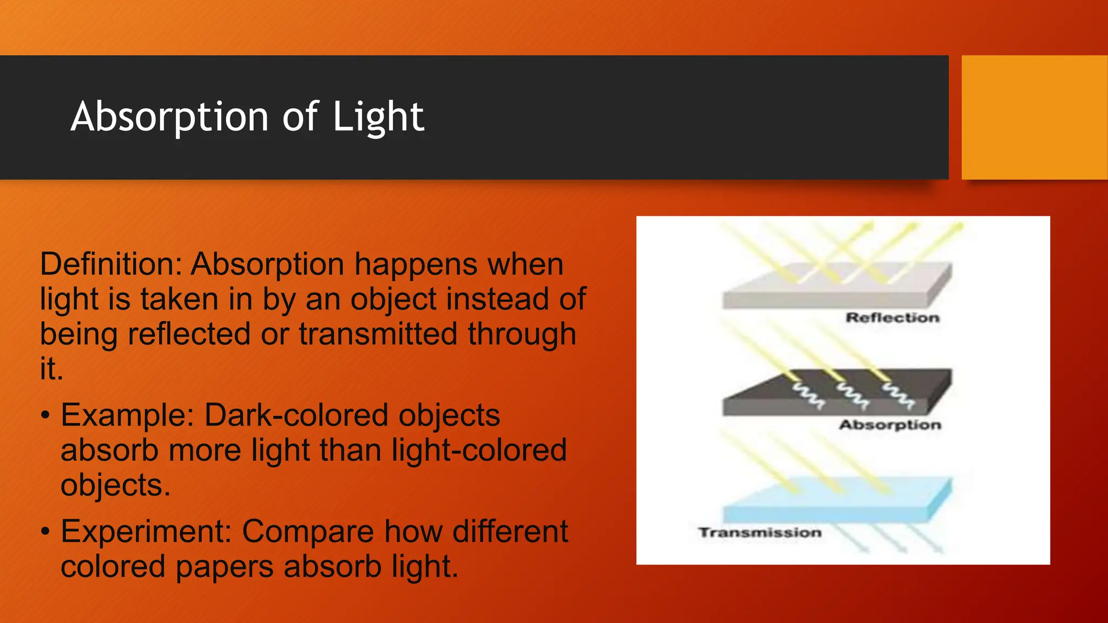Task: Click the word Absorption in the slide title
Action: pos(169,117)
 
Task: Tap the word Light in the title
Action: pos(378,117)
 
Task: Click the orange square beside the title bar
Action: pos(1034,117)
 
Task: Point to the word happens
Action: pos(416,264)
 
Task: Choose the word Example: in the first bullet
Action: pos(127,415)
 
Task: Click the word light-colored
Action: pos(479,450)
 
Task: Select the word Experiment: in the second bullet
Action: pos(146,532)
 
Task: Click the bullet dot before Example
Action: pos(45,415)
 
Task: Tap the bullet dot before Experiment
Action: pos(45,532)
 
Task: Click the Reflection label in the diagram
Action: pos(892,318)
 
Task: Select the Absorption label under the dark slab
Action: pos(890,425)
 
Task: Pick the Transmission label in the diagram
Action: pos(760,533)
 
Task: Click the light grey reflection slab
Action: pos(833,289)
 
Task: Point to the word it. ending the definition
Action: pos(51,369)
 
